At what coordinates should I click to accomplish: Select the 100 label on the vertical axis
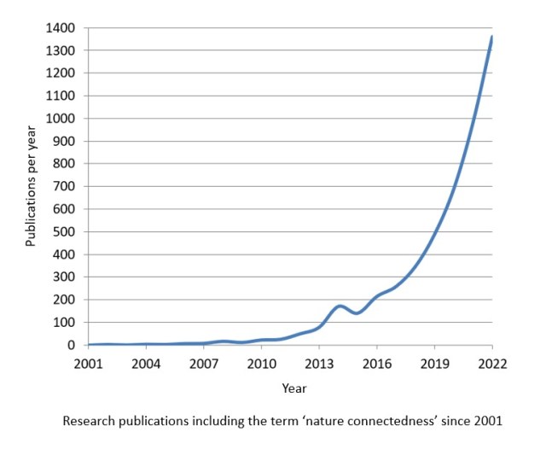[x=67, y=323]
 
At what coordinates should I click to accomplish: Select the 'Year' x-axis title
[x=294, y=388]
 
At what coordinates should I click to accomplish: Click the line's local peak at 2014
[x=340, y=306]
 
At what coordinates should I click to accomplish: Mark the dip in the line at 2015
[x=357, y=313]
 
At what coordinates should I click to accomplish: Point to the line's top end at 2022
[x=492, y=37]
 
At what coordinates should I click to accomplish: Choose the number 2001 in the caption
[x=485, y=421]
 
